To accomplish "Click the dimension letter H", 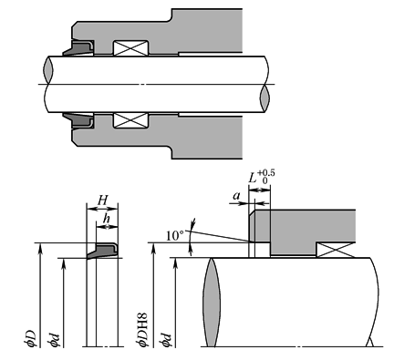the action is (103, 201).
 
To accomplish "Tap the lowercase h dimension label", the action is (106, 219).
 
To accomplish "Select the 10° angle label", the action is (175, 236).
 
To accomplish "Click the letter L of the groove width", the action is (253, 178).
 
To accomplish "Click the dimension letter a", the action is (236, 196).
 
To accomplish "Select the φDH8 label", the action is (141, 329).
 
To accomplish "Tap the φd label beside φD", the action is (53, 340).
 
